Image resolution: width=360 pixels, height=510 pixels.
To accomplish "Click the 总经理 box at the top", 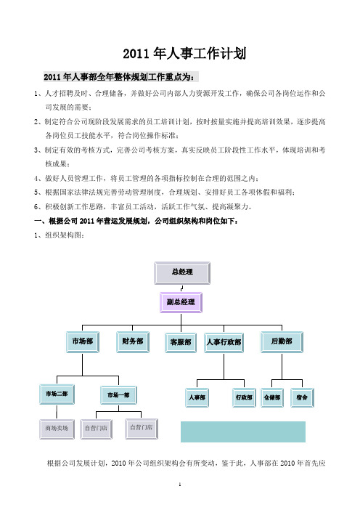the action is [182, 273].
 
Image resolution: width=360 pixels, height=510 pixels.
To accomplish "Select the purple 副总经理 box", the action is [181, 302].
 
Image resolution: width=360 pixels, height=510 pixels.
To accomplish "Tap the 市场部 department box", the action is [83, 342].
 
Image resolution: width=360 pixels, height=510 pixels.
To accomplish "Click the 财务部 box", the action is [133, 342].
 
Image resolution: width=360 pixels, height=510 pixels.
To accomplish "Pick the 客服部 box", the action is [181, 342].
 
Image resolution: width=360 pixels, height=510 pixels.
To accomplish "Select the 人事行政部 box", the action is [224, 342].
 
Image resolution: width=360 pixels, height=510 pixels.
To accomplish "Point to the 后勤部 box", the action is [282, 342].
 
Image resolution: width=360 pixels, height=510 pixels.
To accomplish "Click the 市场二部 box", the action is [57, 394].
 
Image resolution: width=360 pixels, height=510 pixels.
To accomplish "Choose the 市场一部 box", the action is [118, 395].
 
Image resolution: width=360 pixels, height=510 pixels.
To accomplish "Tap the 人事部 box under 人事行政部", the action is [197, 397].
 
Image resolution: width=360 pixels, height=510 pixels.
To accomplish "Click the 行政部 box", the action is [244, 397].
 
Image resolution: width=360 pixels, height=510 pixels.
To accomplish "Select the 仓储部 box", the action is [272, 397].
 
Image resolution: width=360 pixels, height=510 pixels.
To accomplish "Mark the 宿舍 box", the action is [302, 397].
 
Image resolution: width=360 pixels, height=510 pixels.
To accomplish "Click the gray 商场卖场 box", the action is [57, 429].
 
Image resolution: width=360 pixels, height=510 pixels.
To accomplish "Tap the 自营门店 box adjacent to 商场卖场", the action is [97, 429].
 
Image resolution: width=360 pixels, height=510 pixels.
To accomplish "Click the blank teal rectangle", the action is [243, 432].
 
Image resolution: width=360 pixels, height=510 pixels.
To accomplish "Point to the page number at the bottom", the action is [180, 485].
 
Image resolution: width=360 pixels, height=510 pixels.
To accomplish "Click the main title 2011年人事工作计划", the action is [184, 53].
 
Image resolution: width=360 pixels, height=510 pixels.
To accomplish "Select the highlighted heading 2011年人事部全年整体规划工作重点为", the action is [120, 77].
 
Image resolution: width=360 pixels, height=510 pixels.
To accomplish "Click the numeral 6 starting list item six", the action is [36, 207].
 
